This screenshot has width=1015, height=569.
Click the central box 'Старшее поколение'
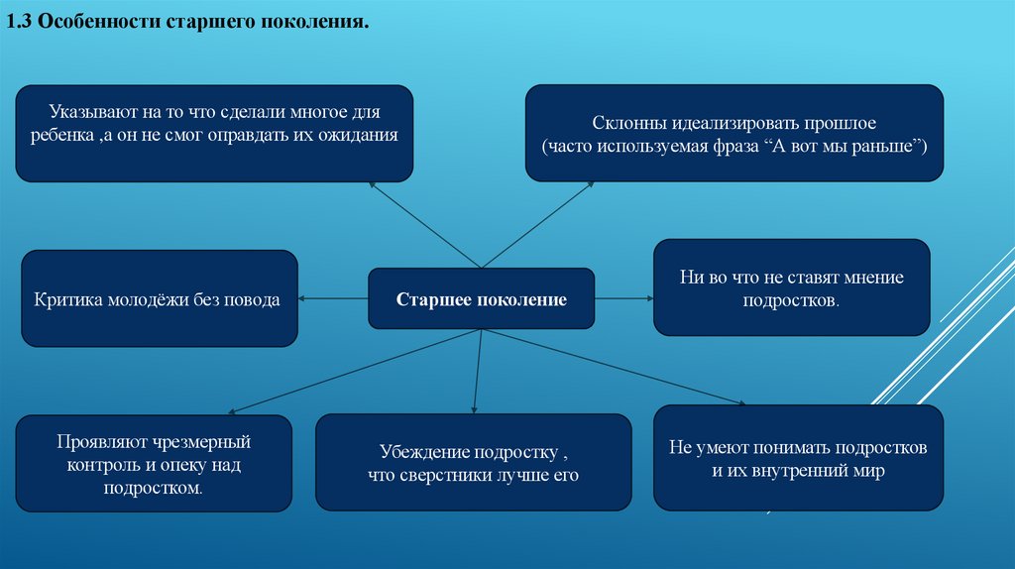pos(482,298)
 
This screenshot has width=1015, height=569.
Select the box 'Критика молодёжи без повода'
pos(159,298)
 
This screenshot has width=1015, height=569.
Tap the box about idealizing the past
pos(733,133)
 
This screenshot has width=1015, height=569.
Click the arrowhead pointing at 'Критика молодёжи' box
pos(303,298)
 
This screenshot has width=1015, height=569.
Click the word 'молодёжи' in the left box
pos(138,298)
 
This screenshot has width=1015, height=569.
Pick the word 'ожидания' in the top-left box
pos(363,135)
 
